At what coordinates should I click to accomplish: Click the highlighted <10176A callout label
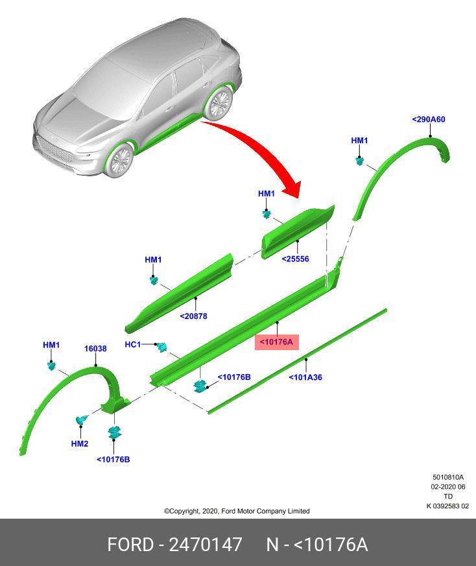[277, 342]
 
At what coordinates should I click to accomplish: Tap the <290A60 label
[428, 119]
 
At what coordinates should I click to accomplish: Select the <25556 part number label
[295, 259]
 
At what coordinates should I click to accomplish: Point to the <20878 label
[194, 316]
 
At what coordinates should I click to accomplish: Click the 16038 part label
[95, 349]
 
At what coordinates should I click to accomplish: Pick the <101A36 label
[305, 377]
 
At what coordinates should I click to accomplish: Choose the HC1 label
[132, 344]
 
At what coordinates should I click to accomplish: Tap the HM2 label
[80, 443]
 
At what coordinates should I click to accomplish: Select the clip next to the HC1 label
[161, 348]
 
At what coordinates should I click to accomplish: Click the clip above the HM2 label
[81, 420]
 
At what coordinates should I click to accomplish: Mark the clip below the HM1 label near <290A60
[359, 161]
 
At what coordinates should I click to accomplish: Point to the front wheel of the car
[120, 161]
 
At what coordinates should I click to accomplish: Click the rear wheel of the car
[218, 104]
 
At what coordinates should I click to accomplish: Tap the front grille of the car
[54, 150]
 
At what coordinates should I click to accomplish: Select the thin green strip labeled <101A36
[297, 361]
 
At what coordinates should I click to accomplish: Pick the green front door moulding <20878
[179, 293]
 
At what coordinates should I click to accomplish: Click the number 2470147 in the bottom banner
[206, 545]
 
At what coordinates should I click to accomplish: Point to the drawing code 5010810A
[448, 477]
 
